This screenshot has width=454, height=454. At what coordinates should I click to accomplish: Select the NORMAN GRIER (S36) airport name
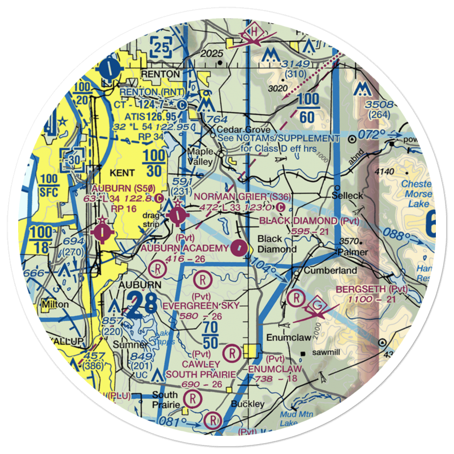point(242,197)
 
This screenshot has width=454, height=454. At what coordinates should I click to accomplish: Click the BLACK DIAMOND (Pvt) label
point(309,221)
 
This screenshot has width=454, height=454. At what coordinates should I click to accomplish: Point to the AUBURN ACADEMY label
point(184,248)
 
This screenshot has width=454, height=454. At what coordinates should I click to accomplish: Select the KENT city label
point(122,173)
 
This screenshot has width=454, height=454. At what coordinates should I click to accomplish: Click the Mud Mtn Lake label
point(291,418)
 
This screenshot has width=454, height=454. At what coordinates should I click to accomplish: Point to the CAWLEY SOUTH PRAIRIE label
point(201,369)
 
